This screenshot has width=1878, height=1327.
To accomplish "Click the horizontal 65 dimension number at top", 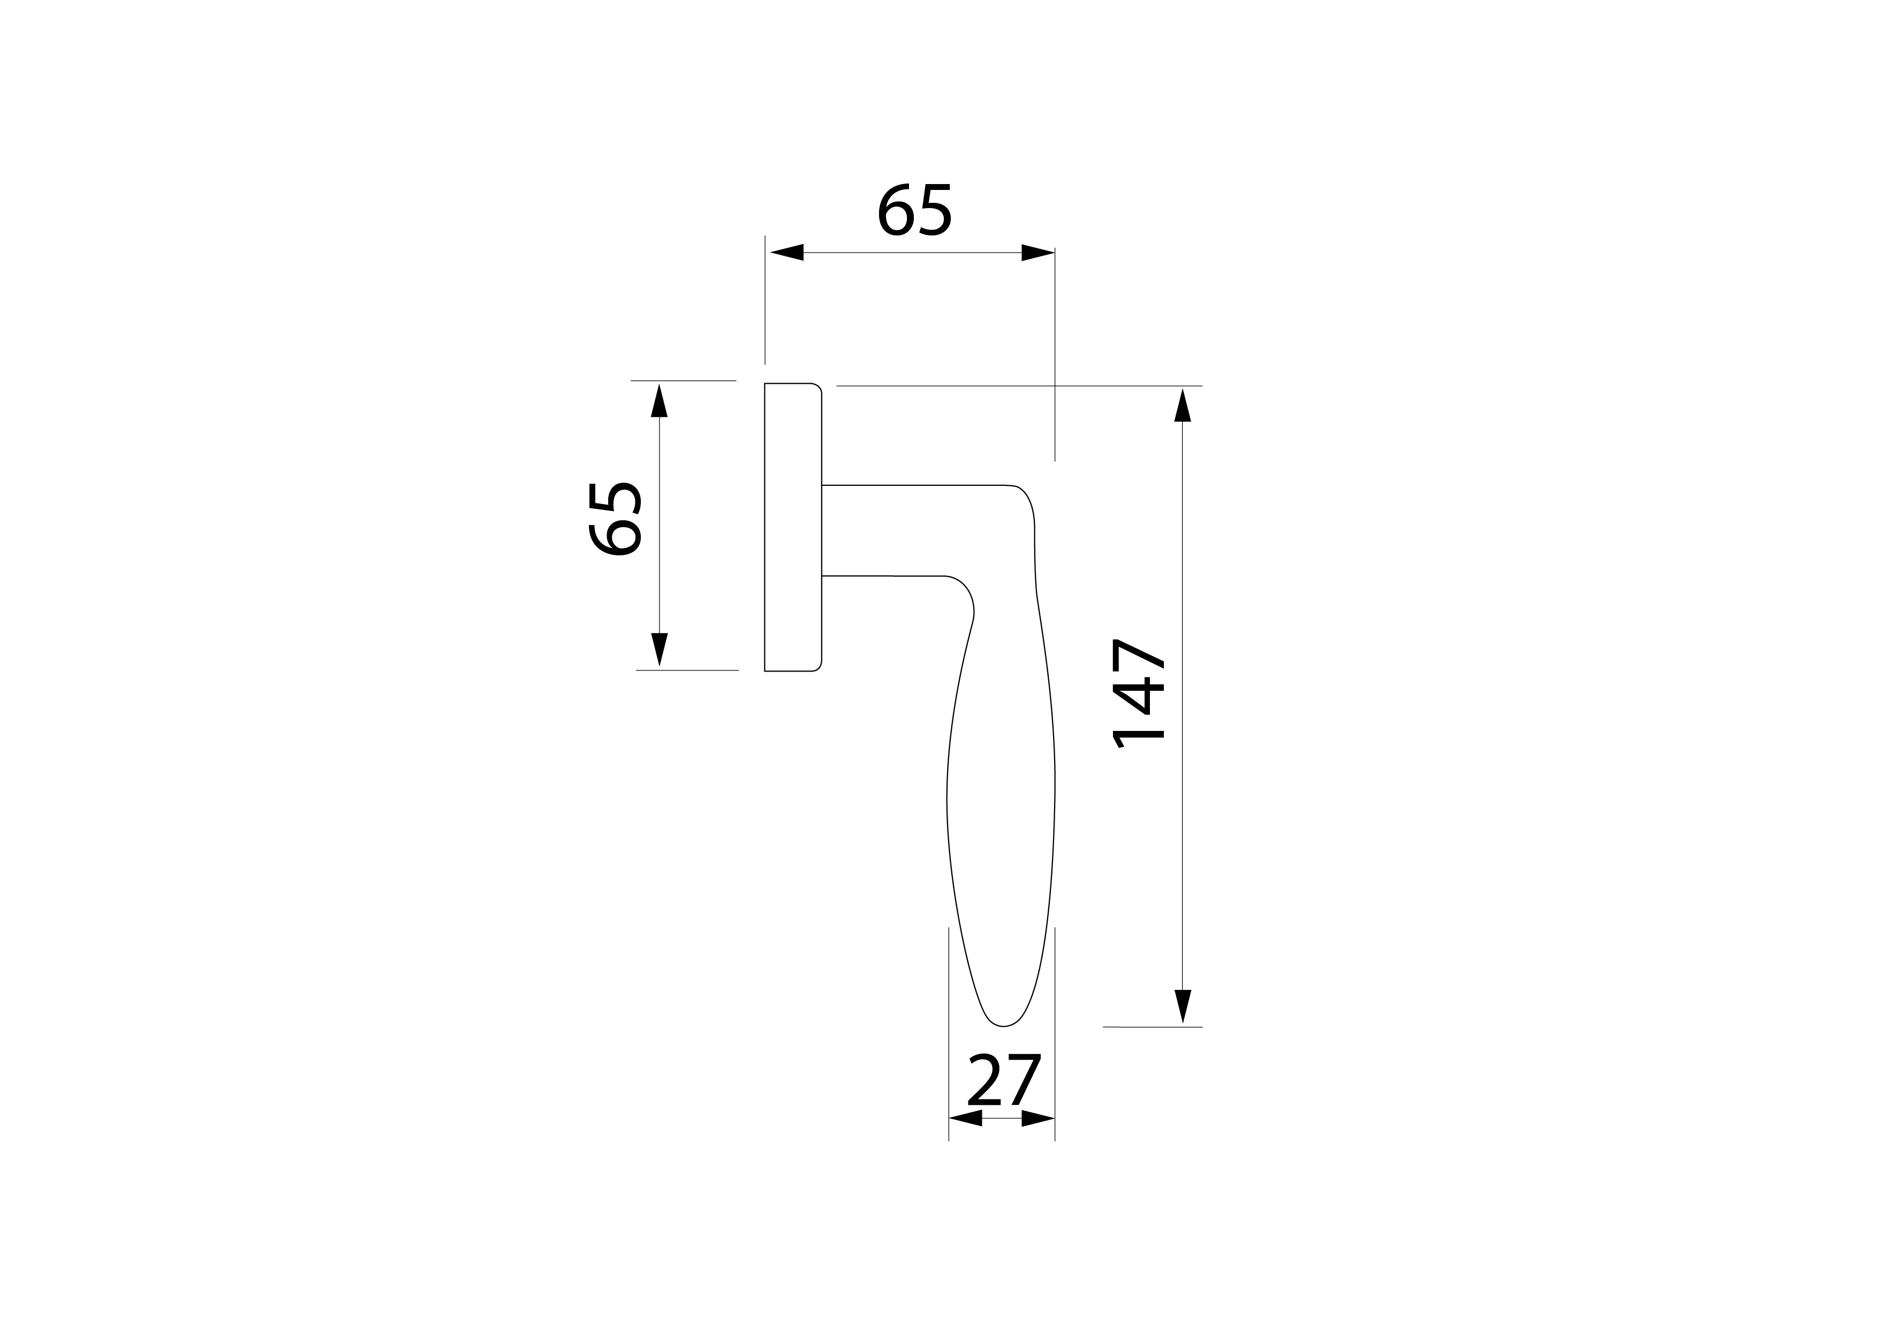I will [x=914, y=211].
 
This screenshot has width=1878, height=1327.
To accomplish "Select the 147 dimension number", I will [x=1138, y=693].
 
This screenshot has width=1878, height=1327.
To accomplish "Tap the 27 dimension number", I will [x=1004, y=1080].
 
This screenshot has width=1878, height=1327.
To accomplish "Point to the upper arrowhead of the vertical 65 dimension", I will [x=659, y=401].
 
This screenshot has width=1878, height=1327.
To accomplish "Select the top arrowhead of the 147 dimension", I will [x=1182, y=406].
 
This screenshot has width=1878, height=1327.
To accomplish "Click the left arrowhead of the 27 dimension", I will [x=966, y=1118].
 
